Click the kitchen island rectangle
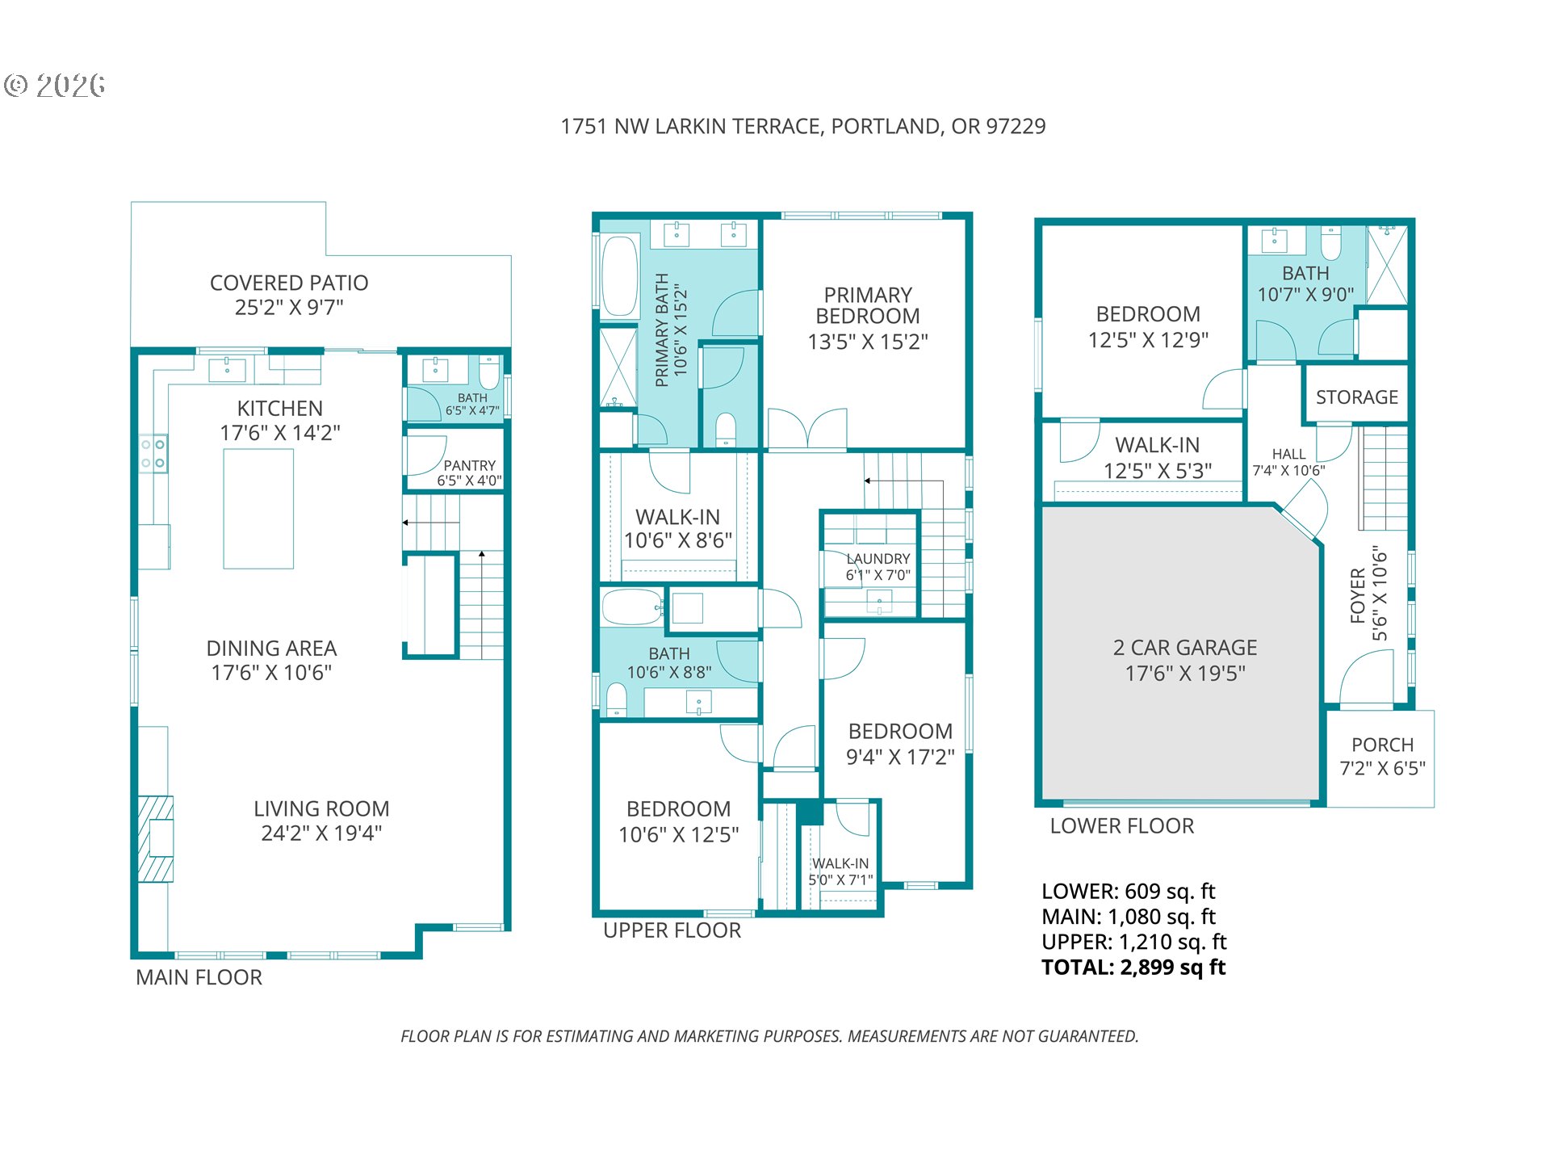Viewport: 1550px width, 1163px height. [258, 509]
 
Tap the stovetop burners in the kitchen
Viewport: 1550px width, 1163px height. [153, 454]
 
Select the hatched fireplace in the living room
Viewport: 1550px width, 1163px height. [155, 838]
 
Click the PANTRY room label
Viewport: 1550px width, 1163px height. [469, 465]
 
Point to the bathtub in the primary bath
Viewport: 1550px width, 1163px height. [620, 275]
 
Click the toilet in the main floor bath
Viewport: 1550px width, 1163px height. [489, 373]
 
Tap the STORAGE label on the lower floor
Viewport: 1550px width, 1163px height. [1357, 397]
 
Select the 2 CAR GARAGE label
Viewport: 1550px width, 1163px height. [1185, 648]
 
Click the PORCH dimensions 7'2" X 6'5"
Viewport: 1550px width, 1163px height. [1382, 768]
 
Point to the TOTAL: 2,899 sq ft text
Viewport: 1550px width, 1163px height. [1133, 968]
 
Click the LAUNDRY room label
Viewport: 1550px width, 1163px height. [878, 559]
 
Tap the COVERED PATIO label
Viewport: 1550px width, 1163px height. [289, 283]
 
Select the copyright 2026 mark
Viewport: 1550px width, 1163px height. [55, 85]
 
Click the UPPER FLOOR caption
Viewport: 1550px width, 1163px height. [672, 930]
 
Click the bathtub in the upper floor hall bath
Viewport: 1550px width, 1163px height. [632, 607]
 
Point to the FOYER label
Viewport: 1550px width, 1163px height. [1358, 596]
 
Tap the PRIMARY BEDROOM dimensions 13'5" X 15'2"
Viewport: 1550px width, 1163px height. [868, 342]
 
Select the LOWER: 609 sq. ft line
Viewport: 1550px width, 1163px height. [1128, 892]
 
